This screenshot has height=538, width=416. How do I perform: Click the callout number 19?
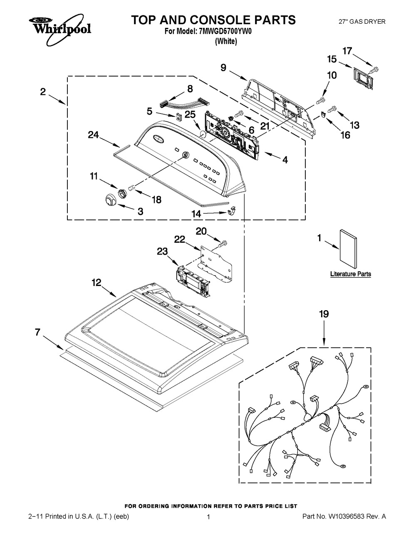click(x=324, y=314)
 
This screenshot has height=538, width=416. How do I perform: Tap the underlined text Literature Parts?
click(x=351, y=274)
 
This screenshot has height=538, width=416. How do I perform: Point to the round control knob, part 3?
click(x=110, y=199)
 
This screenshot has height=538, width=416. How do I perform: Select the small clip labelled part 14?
click(x=231, y=210)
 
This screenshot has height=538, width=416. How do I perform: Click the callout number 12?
click(x=97, y=282)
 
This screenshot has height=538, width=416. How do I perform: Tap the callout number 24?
click(x=93, y=135)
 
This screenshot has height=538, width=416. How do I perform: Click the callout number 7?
click(x=37, y=332)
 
